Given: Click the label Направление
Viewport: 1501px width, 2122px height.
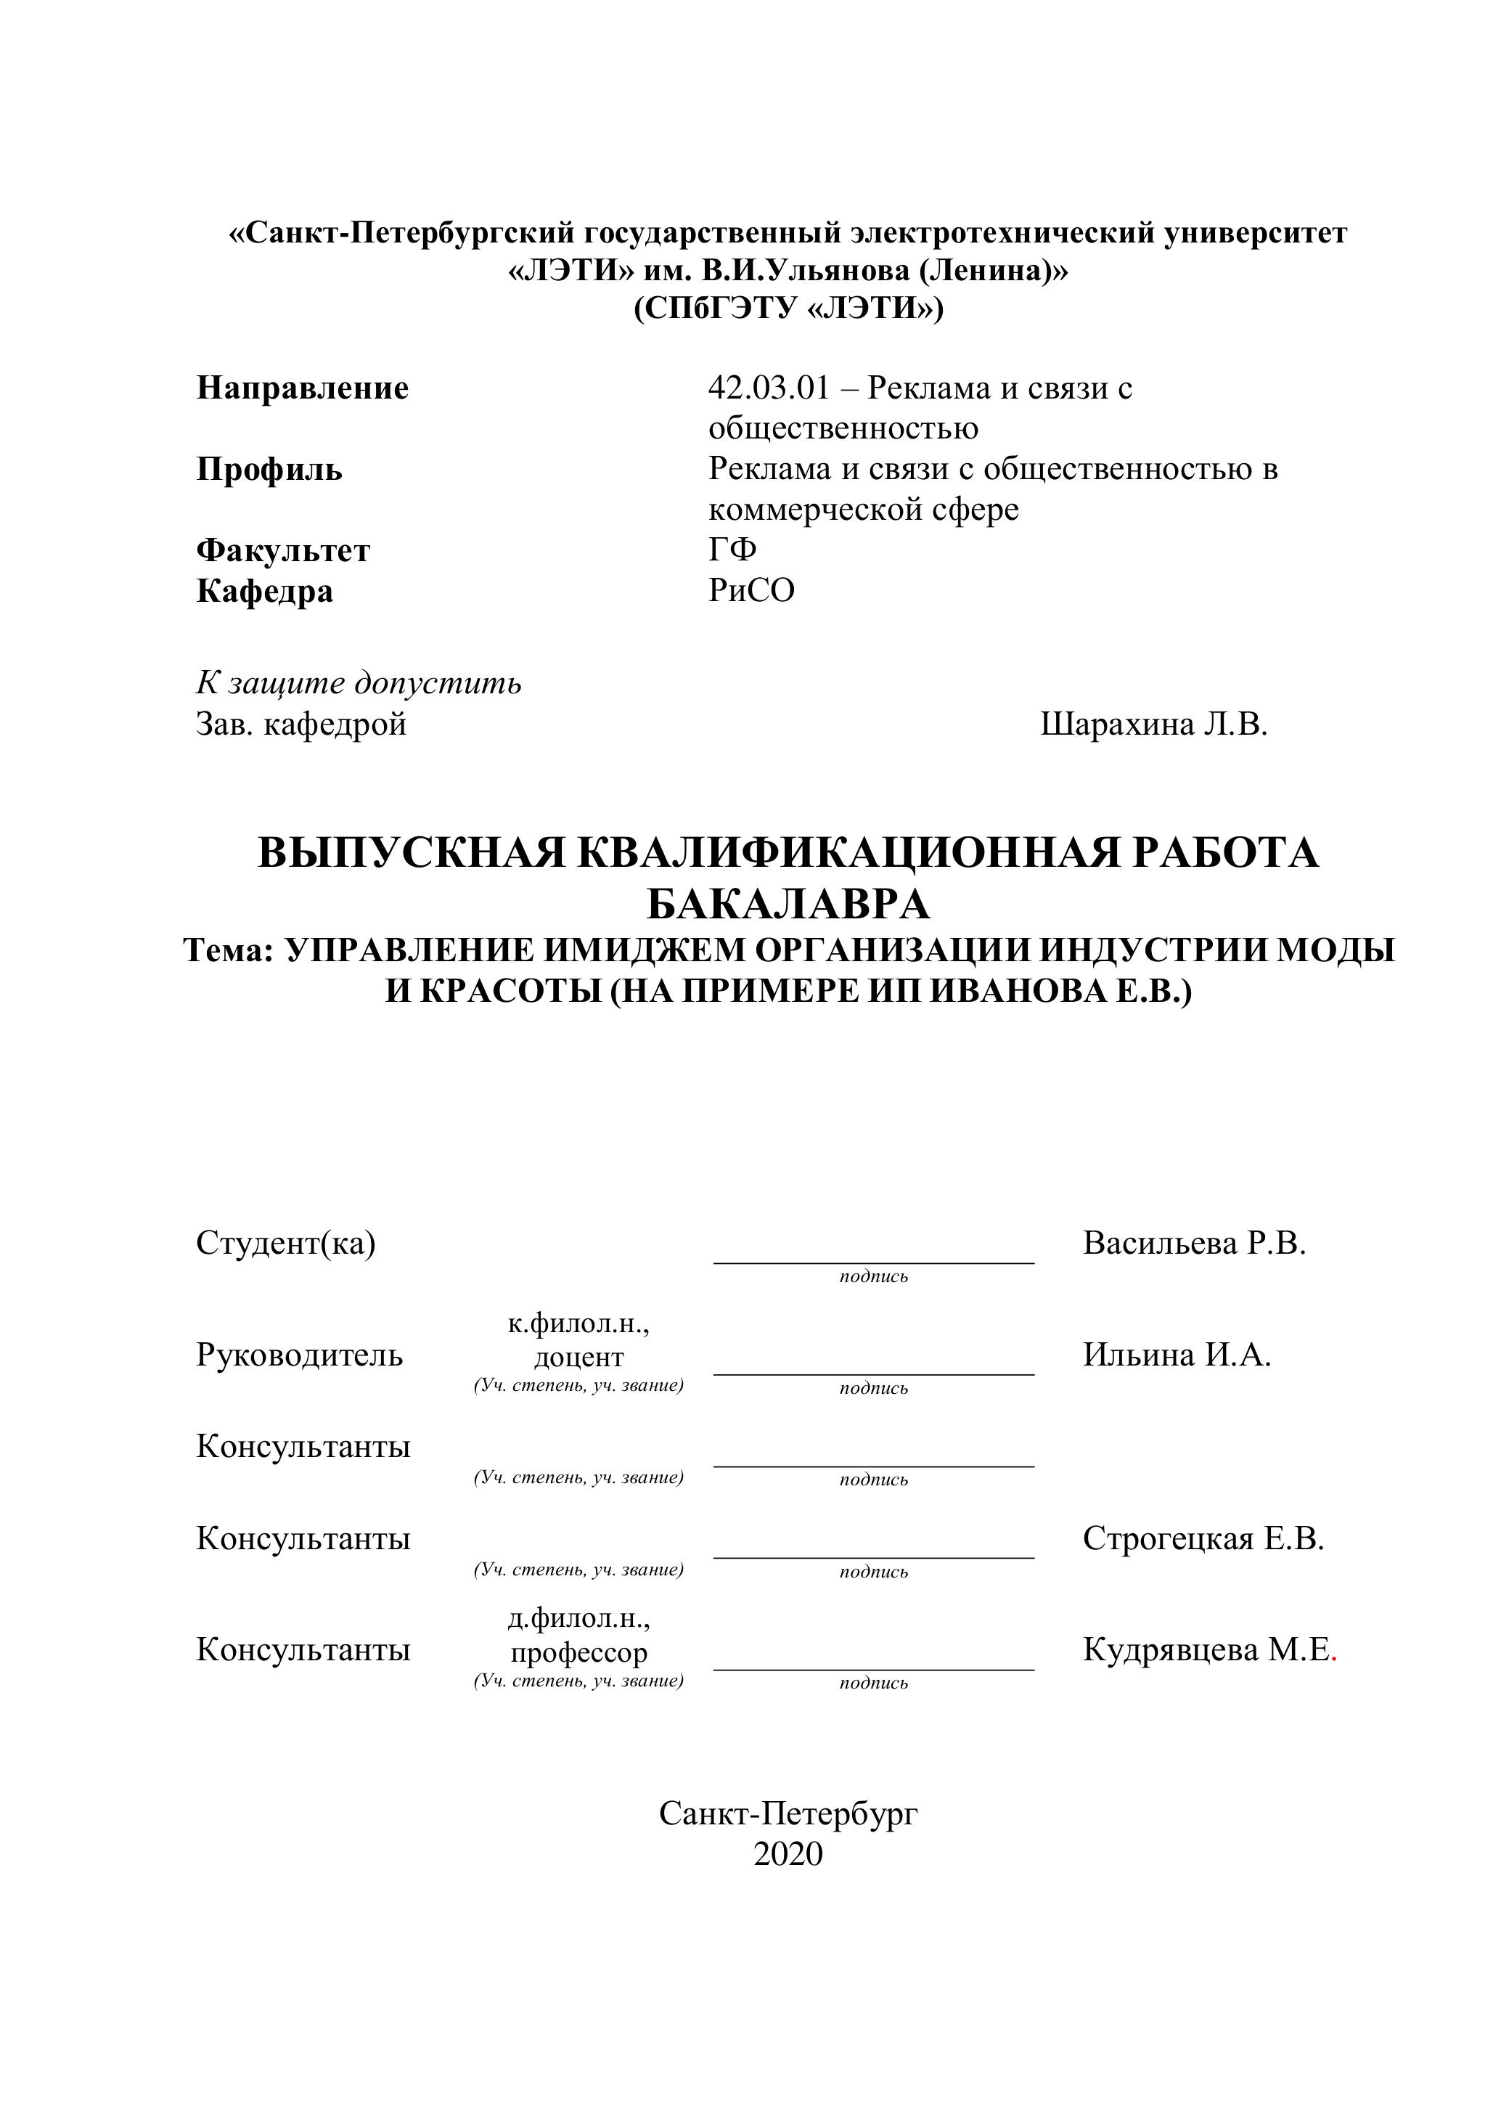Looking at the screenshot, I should [x=302, y=388].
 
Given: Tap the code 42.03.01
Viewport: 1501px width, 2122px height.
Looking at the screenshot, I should [x=769, y=388].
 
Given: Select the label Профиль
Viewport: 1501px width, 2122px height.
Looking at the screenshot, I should [x=269, y=470].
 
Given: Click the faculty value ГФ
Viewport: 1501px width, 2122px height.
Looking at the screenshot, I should [x=732, y=550].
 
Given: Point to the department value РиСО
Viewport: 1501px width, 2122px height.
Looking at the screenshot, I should [x=751, y=591].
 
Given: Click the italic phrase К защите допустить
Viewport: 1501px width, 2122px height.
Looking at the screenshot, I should [x=359, y=683].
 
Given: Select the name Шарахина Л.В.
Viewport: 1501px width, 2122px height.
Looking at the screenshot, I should [x=1153, y=725].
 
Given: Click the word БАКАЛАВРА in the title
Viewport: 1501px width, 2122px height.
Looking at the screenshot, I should [x=788, y=904].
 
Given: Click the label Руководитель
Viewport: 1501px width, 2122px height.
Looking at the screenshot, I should [x=300, y=1355].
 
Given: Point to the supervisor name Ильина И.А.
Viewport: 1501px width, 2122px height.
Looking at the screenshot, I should [x=1177, y=1355].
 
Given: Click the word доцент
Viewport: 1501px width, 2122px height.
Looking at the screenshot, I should [x=578, y=1358].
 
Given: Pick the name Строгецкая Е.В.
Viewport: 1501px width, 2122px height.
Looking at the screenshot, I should [x=1203, y=1539].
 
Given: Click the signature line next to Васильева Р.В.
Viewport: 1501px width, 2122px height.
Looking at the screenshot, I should [x=873, y=1262].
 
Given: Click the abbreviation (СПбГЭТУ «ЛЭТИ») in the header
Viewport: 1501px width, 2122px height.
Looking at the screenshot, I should [x=788, y=309].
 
